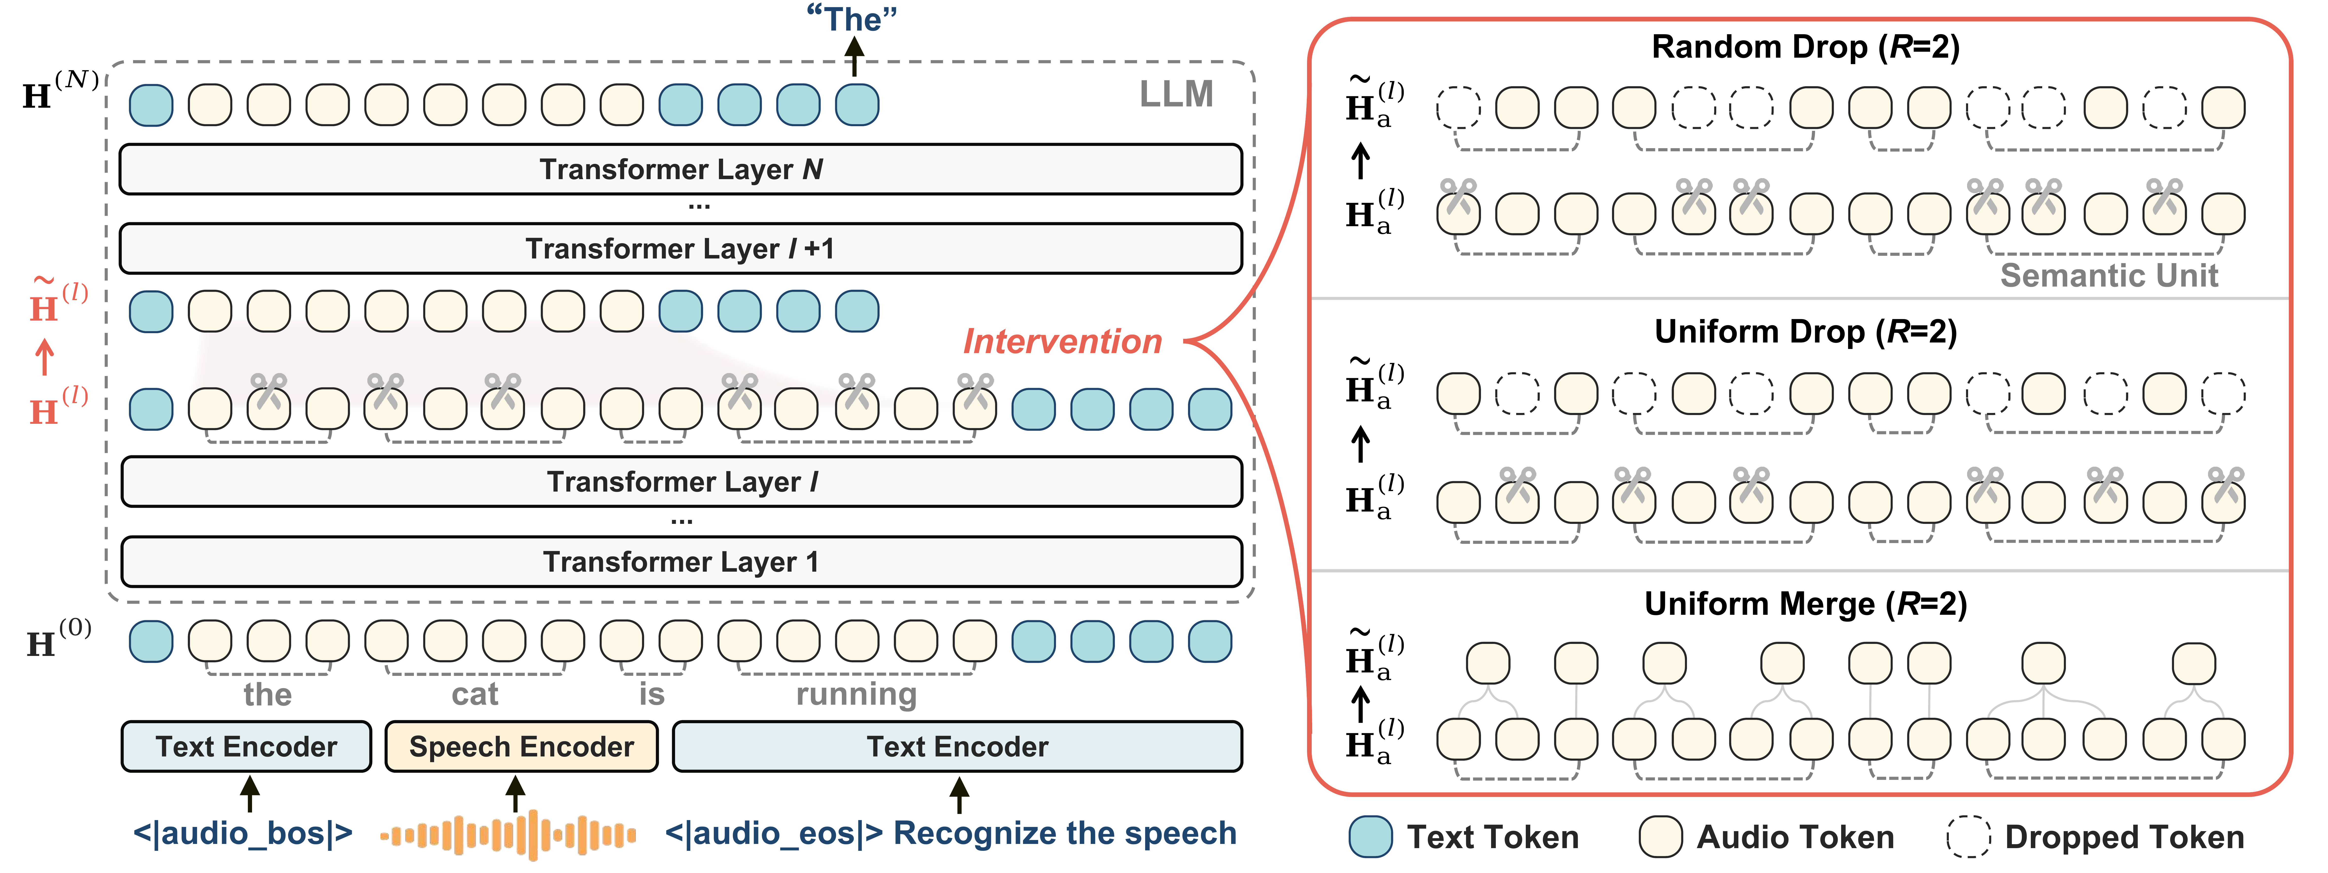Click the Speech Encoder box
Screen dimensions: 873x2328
coord(521,747)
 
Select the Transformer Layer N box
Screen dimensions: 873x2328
coord(680,169)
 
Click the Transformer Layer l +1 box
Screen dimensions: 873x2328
coord(680,249)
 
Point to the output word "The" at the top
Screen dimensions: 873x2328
coord(852,19)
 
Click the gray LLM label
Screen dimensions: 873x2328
coord(1176,94)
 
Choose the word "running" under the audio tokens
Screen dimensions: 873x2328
coord(856,694)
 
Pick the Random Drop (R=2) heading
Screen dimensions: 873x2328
coord(1805,47)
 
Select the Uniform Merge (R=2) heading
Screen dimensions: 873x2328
coord(1805,604)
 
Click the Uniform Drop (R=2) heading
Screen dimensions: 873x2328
coord(1805,332)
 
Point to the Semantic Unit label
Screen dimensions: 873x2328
coord(2108,275)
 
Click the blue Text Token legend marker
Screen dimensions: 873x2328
coord(1370,837)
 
